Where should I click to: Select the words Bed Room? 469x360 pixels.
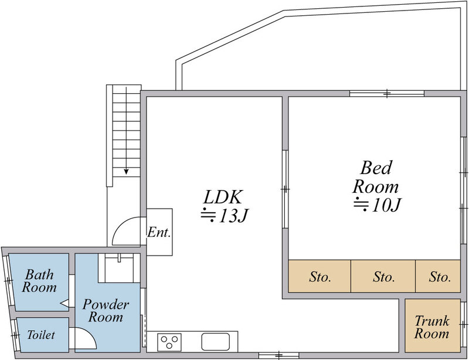(375, 178)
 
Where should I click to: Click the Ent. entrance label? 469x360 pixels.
(159, 232)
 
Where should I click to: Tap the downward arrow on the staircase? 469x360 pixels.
(125, 170)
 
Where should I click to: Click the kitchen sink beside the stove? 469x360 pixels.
(218, 341)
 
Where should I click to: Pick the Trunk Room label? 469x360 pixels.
(432, 327)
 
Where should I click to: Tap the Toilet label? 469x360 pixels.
(41, 335)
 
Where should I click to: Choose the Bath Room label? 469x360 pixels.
(40, 281)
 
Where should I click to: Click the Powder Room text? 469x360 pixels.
(106, 311)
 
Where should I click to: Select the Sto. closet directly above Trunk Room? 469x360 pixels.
(440, 277)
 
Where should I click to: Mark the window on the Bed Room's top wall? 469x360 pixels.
(387, 93)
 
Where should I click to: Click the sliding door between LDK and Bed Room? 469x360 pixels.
(284, 189)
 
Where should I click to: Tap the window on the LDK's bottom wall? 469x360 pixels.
(278, 355)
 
